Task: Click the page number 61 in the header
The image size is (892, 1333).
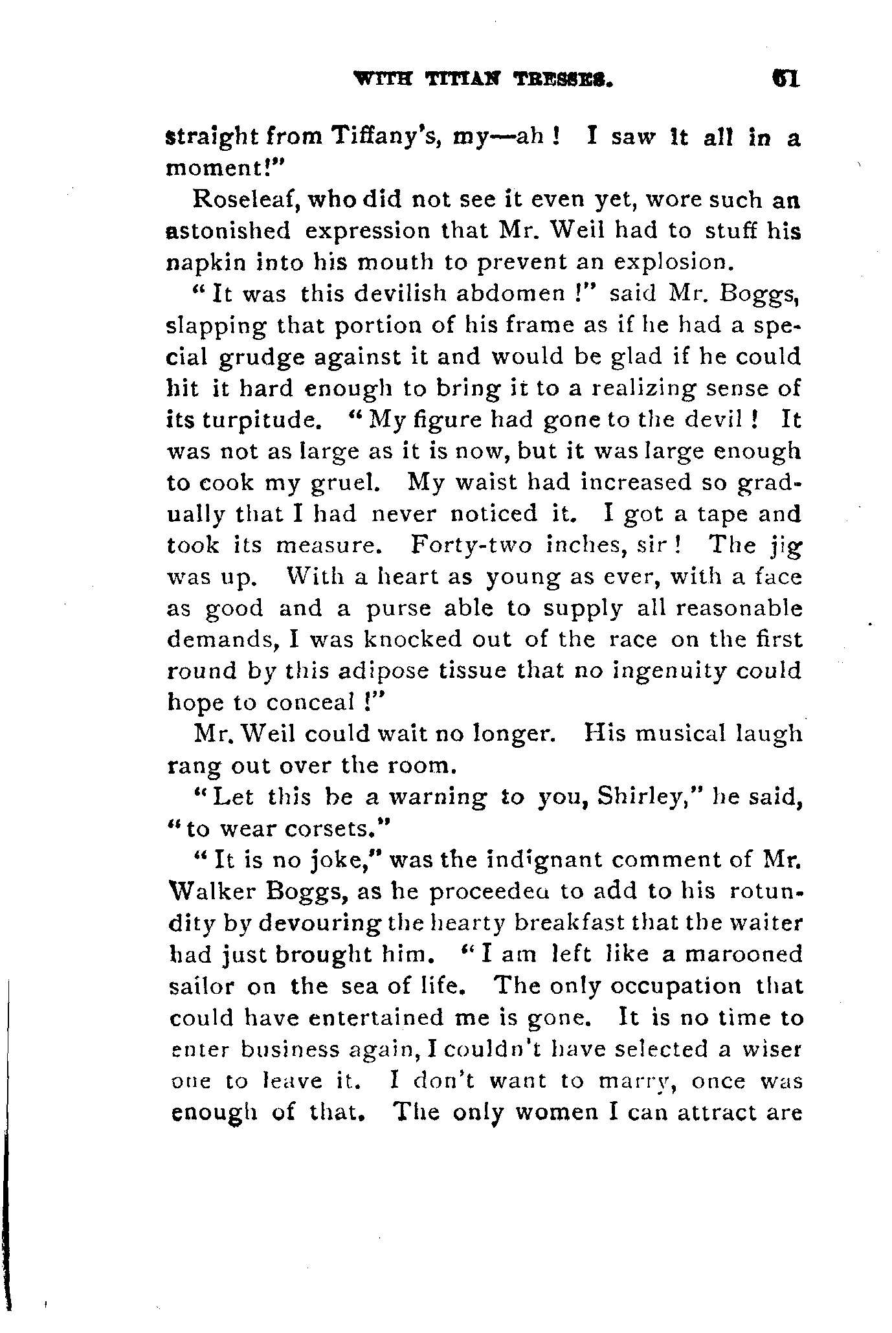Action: click(786, 79)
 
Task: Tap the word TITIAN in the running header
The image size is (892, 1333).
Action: click(467, 80)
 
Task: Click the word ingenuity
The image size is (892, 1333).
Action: click(663, 671)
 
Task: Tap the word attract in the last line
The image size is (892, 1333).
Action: click(698, 1112)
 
